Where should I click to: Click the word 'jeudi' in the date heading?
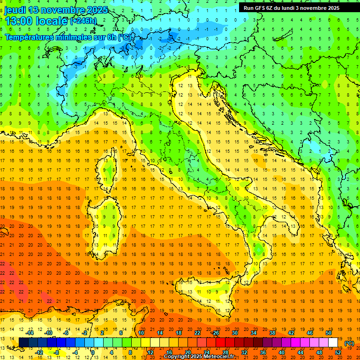click(15, 10)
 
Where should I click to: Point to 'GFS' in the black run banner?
click(261, 8)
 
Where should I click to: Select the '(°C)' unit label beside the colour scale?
click(349, 343)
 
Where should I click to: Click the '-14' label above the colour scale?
click(30, 333)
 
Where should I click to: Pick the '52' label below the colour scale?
click(338, 352)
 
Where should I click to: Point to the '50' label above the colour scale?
click(329, 333)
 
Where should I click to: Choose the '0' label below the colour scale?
click(93, 352)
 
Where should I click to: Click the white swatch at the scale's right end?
click(333, 343)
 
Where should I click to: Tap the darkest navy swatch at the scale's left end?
click(23, 343)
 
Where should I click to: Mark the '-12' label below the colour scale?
click(39, 352)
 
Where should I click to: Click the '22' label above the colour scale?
click(197, 333)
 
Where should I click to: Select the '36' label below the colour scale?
click(263, 352)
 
